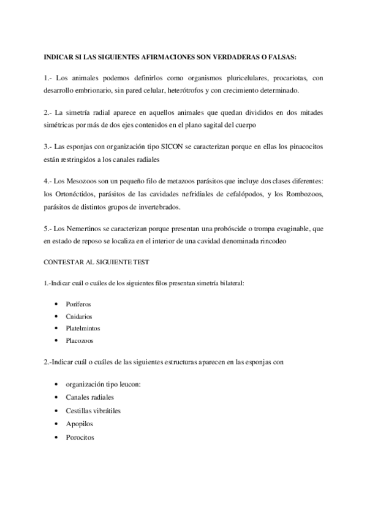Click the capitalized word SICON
pos(161,147)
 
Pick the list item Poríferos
pos(80,304)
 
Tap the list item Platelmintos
pos(83,328)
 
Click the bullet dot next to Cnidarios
pos(56,316)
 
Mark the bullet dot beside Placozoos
pos(56,340)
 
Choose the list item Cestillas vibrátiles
pos(93,410)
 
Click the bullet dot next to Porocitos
pos(56,437)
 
